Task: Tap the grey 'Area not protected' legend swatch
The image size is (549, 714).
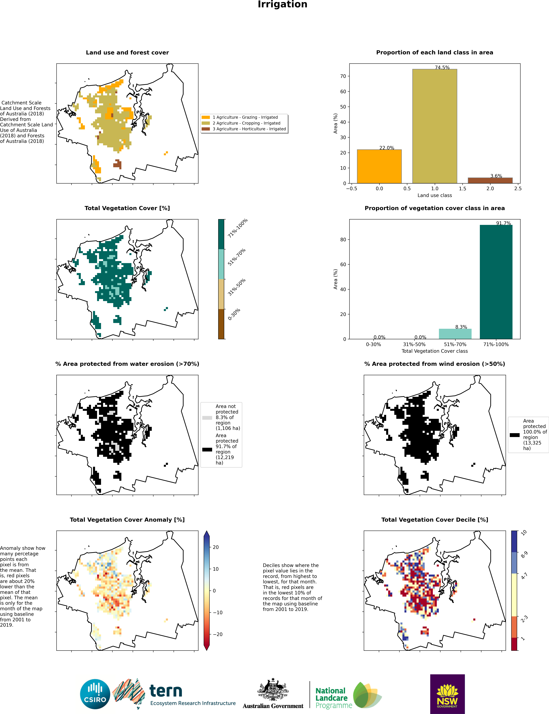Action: [207, 418]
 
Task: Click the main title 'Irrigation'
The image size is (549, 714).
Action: [282, 5]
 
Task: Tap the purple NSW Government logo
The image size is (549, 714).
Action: [447, 694]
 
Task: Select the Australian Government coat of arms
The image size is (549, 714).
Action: [273, 689]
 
